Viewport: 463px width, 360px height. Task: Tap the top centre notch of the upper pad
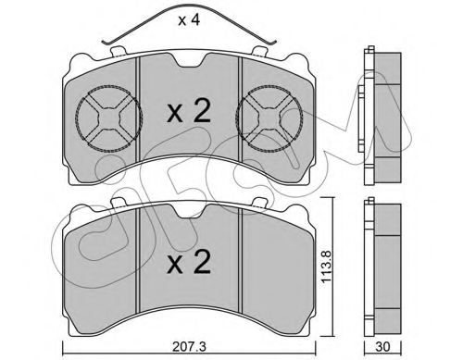tap(189, 61)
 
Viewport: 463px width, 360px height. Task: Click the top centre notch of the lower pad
tap(189, 208)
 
